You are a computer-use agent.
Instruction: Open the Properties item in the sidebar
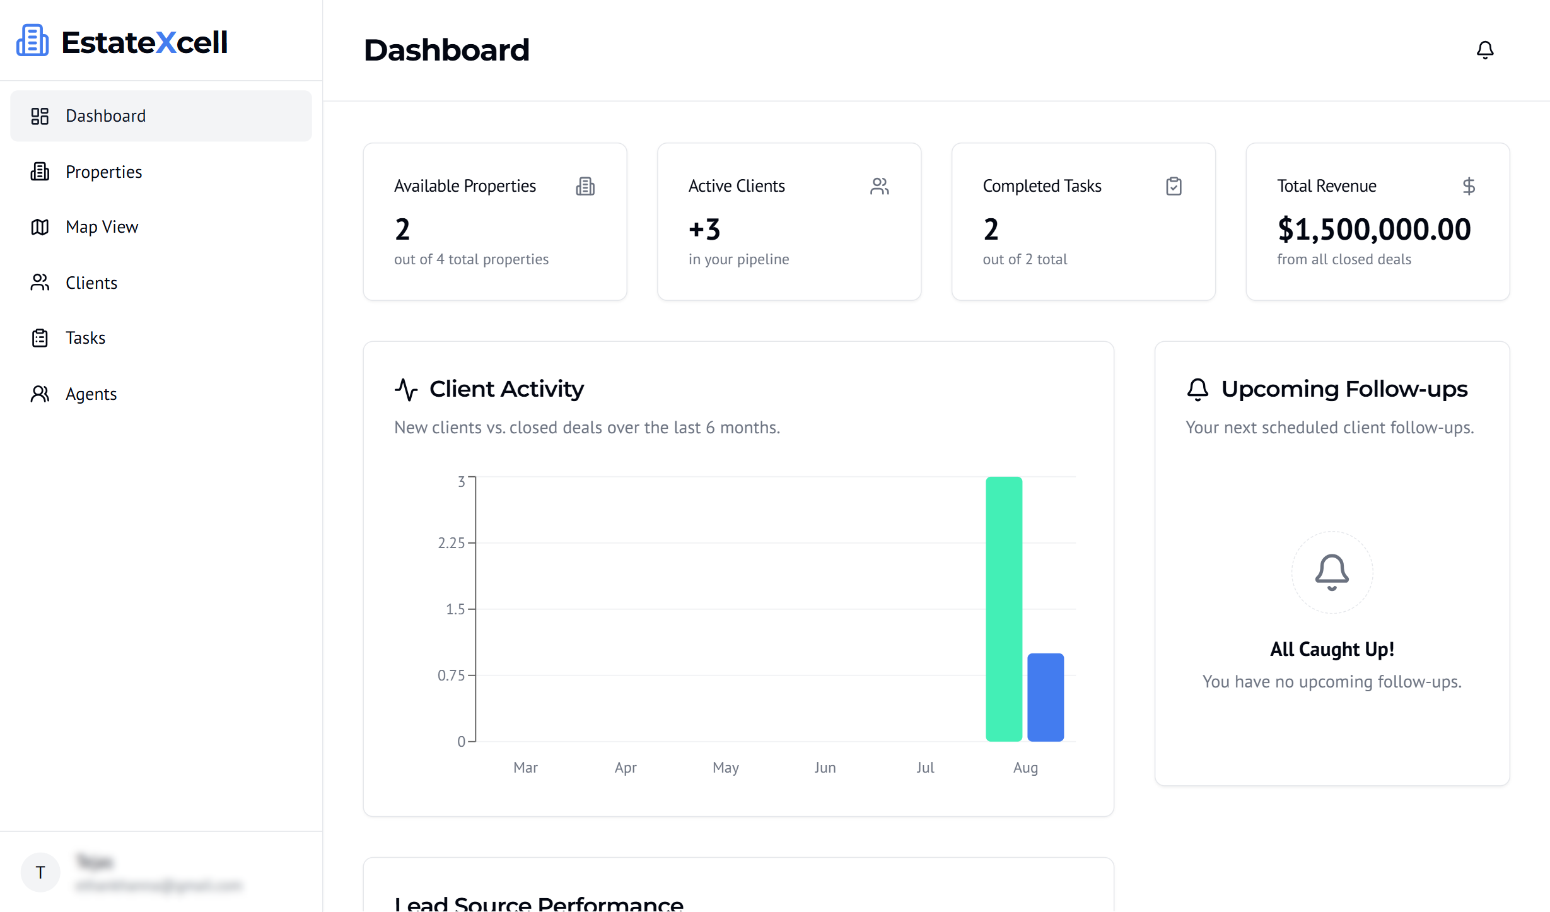103,172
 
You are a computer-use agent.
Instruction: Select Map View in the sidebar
102,227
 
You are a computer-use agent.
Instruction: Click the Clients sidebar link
91,283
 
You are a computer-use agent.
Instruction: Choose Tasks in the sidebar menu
85,338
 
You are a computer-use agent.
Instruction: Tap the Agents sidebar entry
91,394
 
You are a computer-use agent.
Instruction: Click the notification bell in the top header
1485,50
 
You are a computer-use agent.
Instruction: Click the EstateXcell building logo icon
32,41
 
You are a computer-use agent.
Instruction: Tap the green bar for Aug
1004,609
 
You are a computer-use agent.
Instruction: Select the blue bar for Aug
1046,697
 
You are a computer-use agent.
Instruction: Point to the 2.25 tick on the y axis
451,543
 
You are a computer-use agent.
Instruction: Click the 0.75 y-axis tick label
451,675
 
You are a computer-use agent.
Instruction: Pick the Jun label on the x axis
825,768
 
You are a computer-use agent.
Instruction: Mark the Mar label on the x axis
525,768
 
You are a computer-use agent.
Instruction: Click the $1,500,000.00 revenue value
1374,229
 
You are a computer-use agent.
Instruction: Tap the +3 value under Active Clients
704,229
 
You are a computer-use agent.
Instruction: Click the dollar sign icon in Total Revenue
1469,186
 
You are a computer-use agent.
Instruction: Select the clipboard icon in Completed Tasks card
1174,186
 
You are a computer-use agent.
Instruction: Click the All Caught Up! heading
1332,649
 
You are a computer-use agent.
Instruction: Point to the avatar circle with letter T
40,872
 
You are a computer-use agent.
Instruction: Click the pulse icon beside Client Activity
407,389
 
